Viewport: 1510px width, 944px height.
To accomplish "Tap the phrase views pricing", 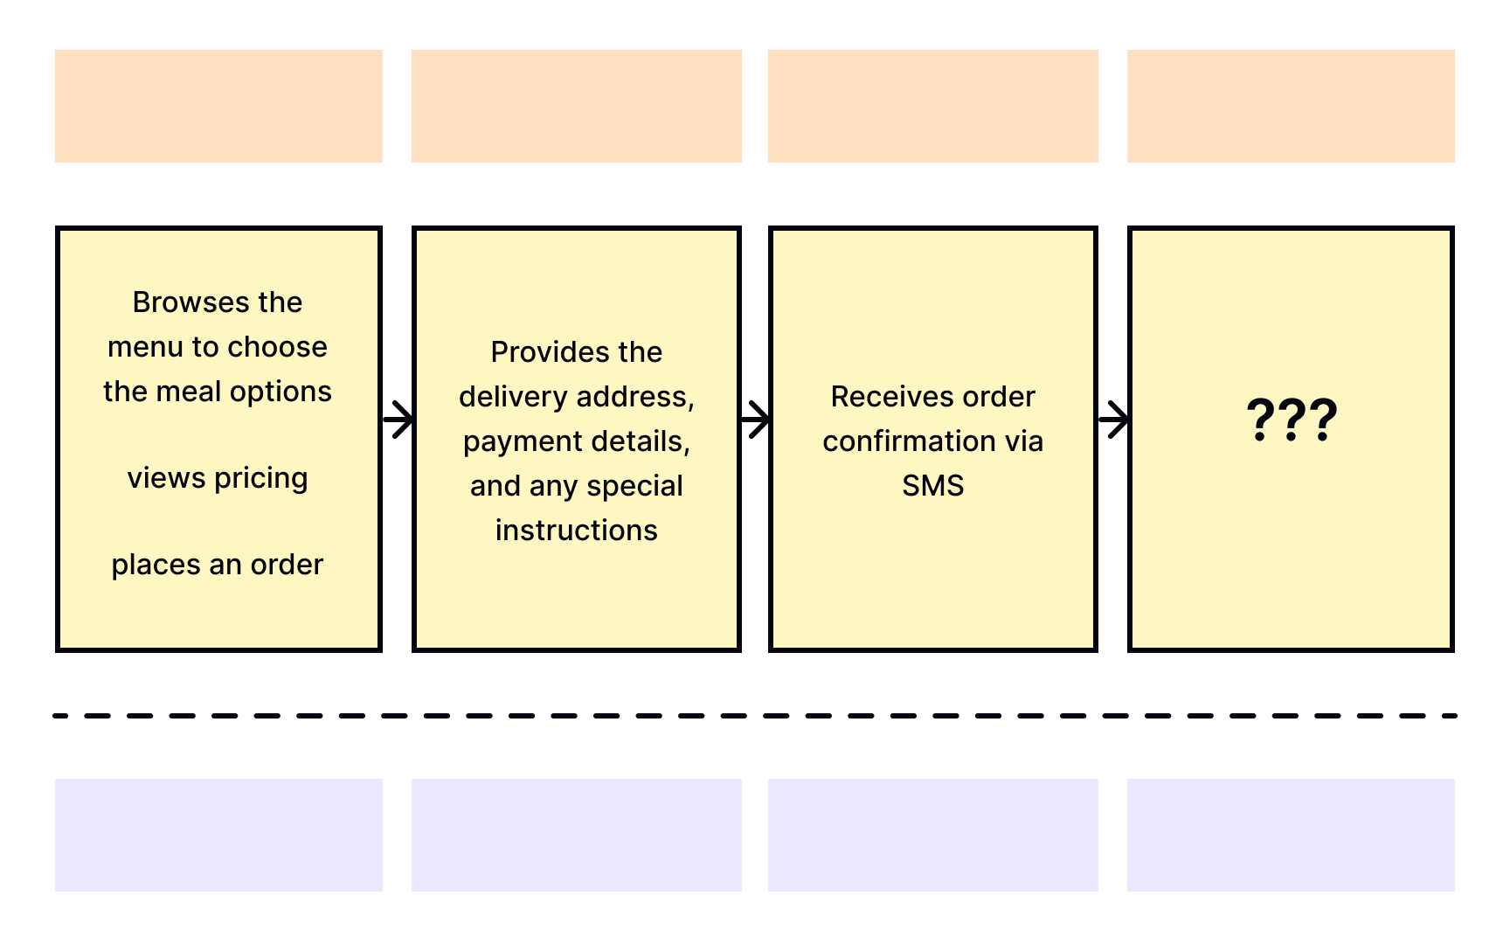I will click(218, 478).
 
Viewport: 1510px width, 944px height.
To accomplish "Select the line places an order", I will click(218, 565).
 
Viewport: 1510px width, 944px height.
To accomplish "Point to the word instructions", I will click(576, 531).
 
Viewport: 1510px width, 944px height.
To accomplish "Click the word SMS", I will click(932, 485).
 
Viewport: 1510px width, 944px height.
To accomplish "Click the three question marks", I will click(1291, 420).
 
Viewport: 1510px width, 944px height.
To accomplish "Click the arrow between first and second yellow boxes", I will click(398, 420).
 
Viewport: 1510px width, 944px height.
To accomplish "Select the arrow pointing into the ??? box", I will click(1113, 420).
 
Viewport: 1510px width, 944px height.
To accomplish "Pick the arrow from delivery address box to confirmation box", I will click(755, 420).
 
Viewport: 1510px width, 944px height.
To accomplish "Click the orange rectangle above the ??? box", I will click(1291, 106).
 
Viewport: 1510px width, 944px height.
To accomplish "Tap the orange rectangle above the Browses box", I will click(218, 106).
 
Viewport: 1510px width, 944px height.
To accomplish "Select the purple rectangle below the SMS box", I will click(932, 835).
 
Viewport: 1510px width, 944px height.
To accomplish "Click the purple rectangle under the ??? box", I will click(1291, 835).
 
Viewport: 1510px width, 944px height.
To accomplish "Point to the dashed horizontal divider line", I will click(755, 716).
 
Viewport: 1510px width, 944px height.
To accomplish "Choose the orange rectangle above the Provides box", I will click(576, 106).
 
